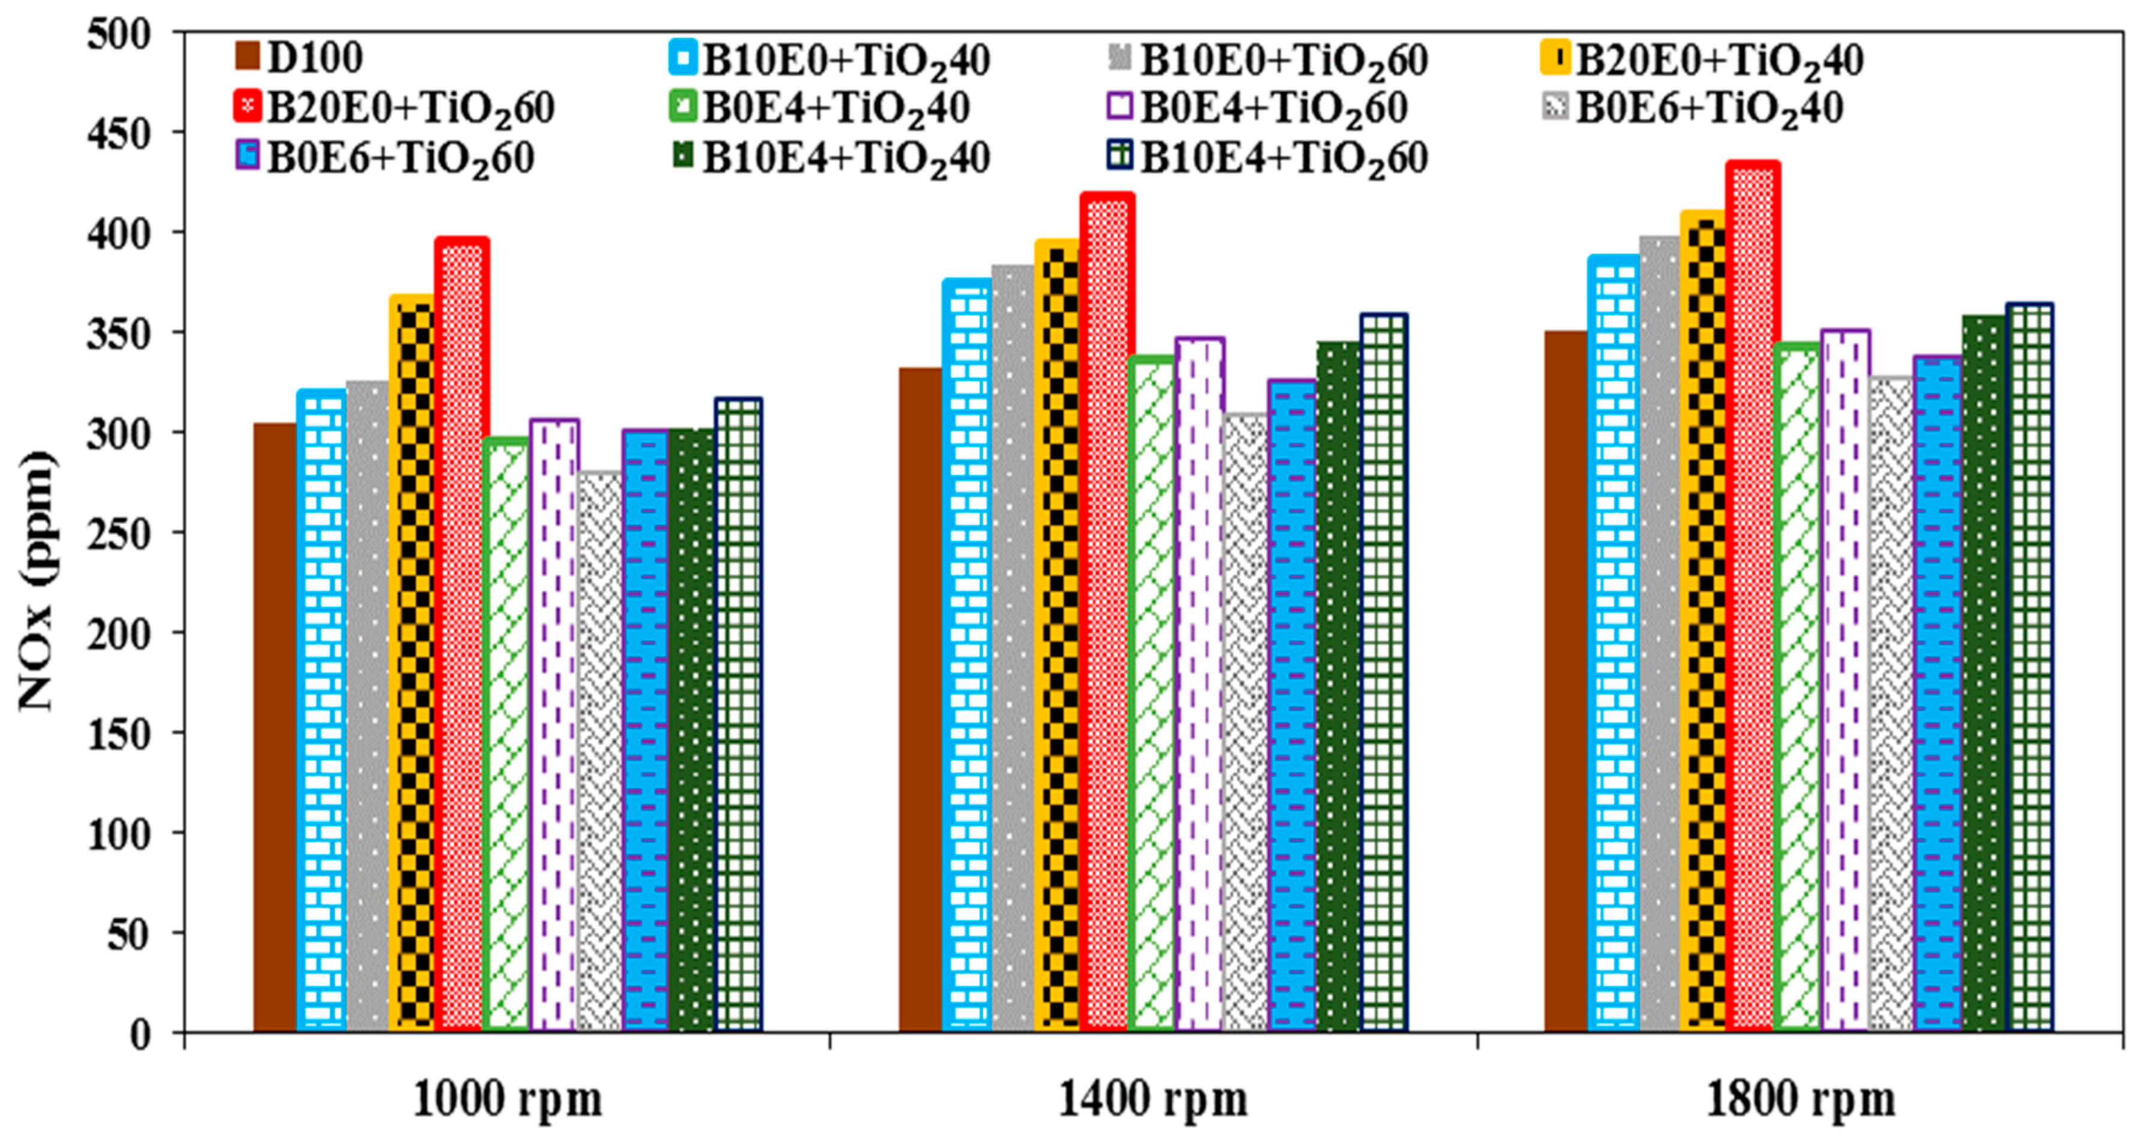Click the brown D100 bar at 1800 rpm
pos(1566,680)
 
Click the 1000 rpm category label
pos(507,1100)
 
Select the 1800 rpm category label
pos(1800,1100)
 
